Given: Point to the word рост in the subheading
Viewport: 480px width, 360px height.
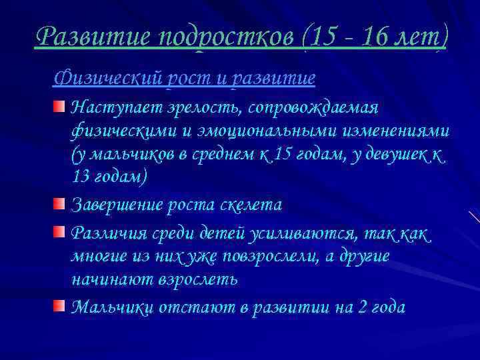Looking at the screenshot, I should pos(201,79).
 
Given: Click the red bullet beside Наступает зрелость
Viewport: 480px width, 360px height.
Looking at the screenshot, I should pos(60,107).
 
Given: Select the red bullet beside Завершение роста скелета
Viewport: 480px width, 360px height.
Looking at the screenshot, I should pos(60,203).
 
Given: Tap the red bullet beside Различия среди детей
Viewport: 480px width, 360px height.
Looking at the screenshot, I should pos(60,231).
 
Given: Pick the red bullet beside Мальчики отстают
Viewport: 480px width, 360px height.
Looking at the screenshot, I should pos(60,305).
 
